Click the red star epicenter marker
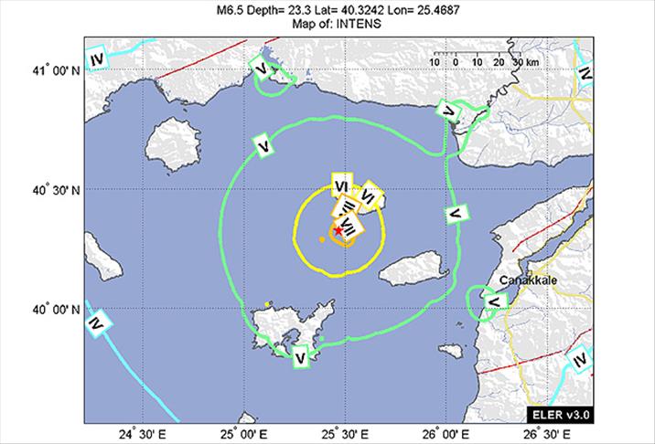(x=338, y=231)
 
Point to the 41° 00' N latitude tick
(x=51, y=70)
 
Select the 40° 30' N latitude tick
(x=51, y=190)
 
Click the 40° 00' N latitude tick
(x=51, y=311)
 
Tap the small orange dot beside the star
(x=322, y=239)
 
